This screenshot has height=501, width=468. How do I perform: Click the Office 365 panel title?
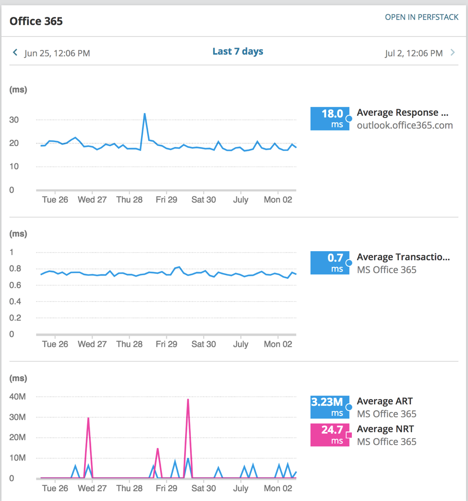point(36,21)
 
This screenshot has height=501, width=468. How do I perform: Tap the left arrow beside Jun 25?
point(15,53)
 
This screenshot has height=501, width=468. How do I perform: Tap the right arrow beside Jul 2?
point(453,53)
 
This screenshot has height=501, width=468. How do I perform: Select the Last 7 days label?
point(238,52)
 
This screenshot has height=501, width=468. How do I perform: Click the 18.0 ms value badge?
point(330,118)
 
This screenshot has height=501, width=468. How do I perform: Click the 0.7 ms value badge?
point(330,263)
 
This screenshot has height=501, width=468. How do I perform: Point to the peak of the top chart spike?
point(145,114)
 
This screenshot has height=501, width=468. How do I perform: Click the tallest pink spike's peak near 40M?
point(188,399)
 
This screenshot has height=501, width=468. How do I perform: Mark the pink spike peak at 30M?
point(89,418)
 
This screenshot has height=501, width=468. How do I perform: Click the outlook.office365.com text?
point(404,125)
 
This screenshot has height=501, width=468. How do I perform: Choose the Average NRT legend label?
point(385,429)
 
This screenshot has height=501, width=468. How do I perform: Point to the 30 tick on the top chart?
point(14,120)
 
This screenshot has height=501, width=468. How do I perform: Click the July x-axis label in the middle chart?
point(241,344)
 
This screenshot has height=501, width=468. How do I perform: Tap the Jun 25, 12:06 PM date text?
point(57,53)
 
